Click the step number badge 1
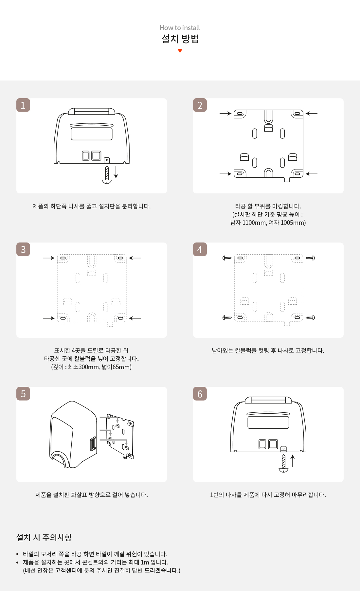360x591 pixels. [23, 105]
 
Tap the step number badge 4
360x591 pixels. [200, 249]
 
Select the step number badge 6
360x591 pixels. [200, 394]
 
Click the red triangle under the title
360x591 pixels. [180, 50]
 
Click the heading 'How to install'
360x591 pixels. [180, 28]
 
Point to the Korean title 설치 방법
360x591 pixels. [180, 39]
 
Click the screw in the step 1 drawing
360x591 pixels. [107, 175]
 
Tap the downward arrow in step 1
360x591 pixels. [116, 172]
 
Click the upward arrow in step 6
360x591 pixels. [293, 461]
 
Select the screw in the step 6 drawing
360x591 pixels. [283, 463]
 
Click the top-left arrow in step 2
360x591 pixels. [225, 114]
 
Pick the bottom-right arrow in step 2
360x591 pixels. [312, 174]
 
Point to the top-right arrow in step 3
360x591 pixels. [135, 258]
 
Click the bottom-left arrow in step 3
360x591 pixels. [49, 318]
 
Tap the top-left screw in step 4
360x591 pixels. [227, 258]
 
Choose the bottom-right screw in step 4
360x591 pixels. [310, 317]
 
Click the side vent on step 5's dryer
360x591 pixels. [93, 444]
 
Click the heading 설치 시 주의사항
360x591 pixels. [44, 537]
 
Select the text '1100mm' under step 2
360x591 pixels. [254, 223]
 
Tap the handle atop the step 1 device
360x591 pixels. [92, 111]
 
